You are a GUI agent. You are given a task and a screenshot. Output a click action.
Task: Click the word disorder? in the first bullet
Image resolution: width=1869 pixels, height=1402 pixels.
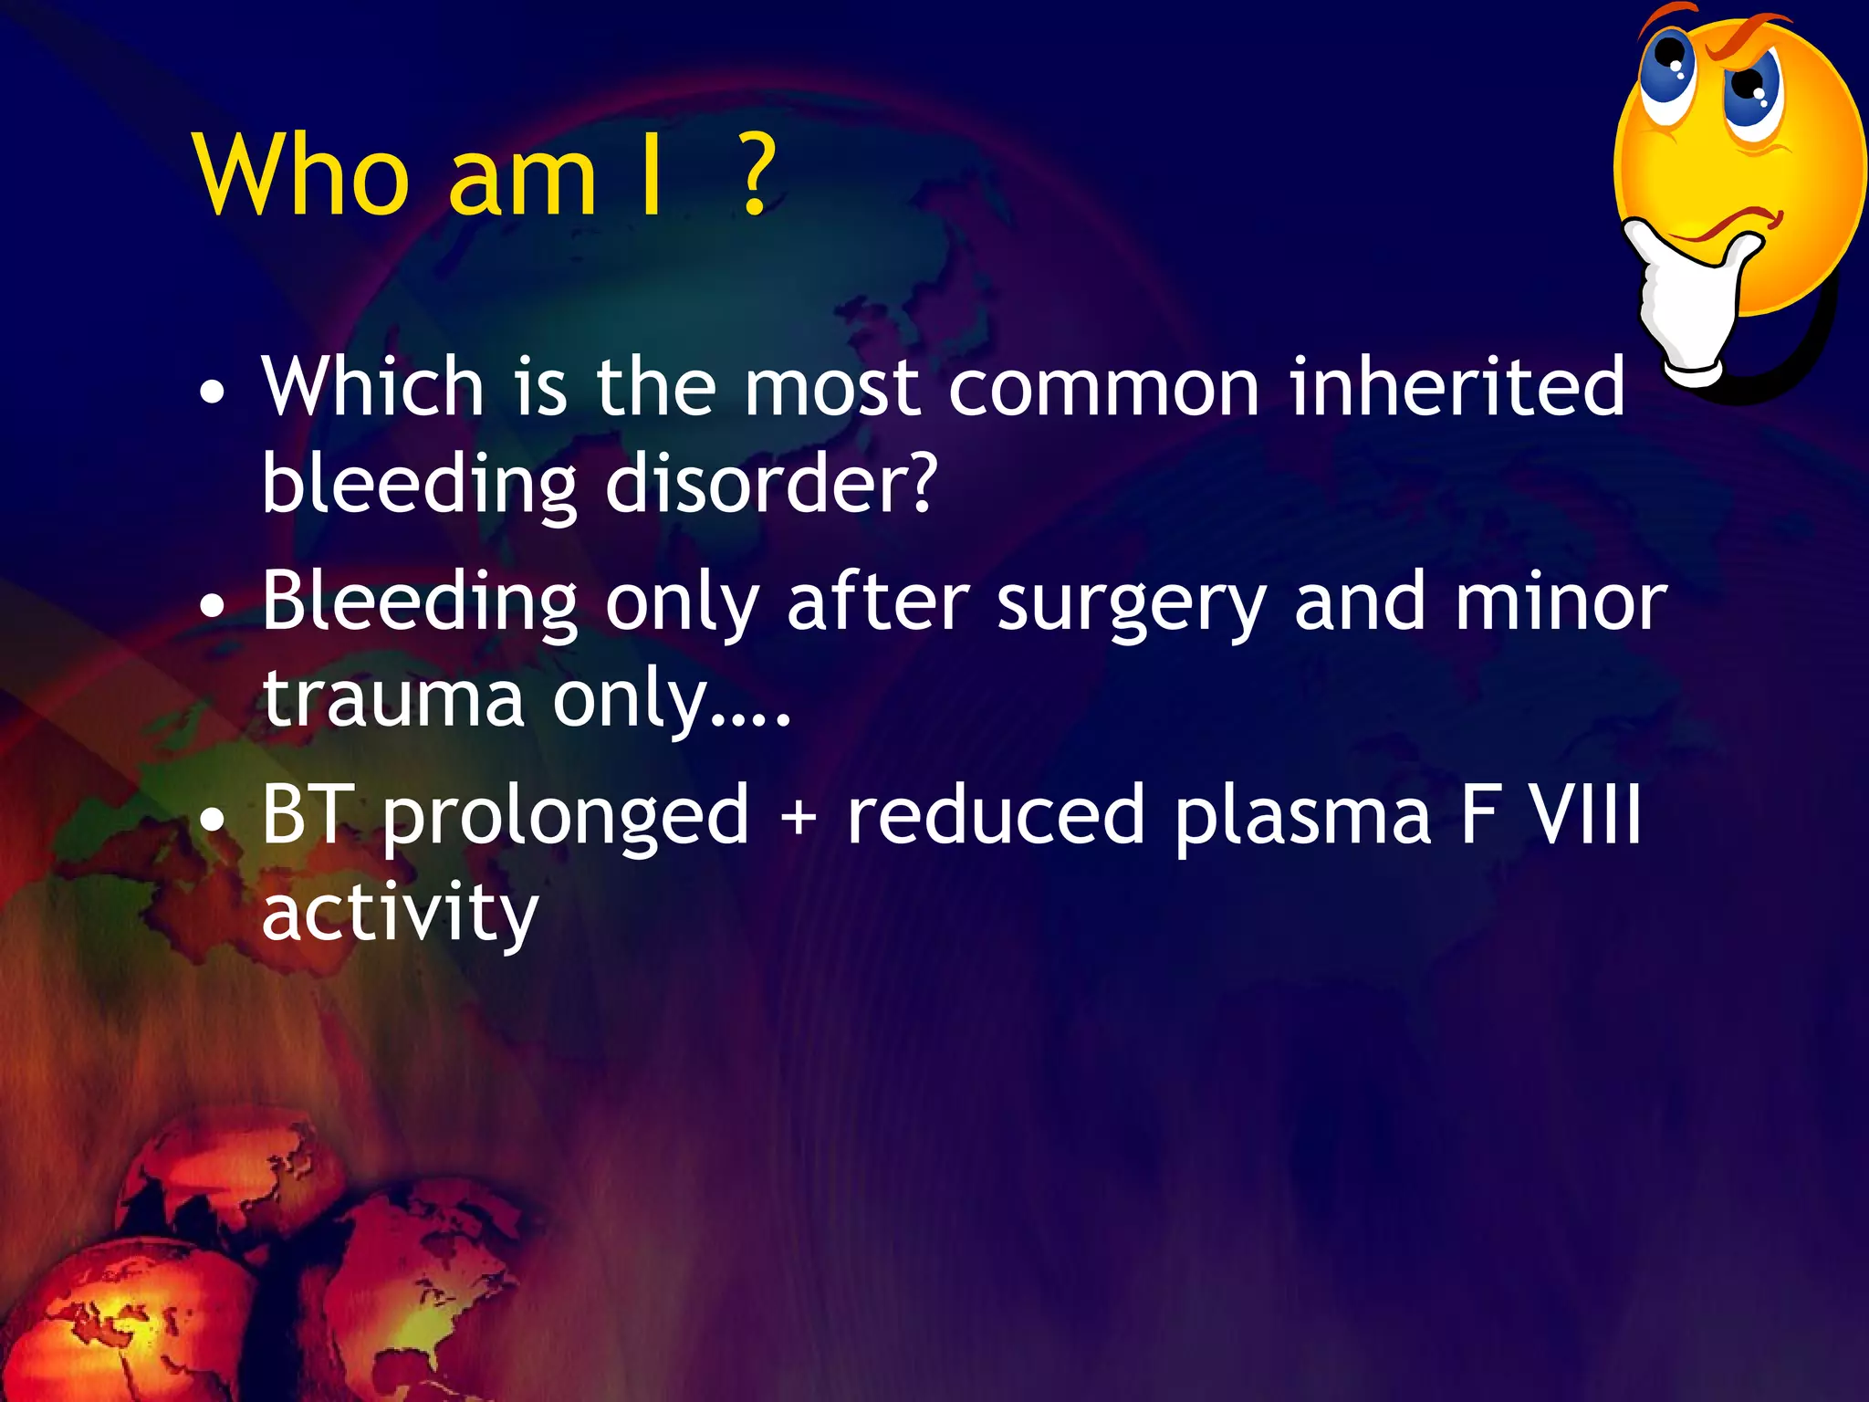point(771,484)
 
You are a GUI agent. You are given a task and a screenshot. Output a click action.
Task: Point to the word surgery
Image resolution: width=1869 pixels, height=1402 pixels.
point(1131,606)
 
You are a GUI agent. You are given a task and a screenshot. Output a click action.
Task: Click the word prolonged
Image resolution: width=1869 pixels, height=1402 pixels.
point(566,818)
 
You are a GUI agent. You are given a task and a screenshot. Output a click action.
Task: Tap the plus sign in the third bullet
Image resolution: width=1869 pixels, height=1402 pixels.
point(799,816)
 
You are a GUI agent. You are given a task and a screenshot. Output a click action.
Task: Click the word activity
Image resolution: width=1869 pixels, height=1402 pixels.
point(400,915)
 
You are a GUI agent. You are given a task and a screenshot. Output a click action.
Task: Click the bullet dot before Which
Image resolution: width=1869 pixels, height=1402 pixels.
point(212,393)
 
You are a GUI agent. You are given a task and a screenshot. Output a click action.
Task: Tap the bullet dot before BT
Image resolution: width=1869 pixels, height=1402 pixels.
point(212,821)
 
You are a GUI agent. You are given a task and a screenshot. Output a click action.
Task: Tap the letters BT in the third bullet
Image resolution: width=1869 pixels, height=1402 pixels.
point(307,814)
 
